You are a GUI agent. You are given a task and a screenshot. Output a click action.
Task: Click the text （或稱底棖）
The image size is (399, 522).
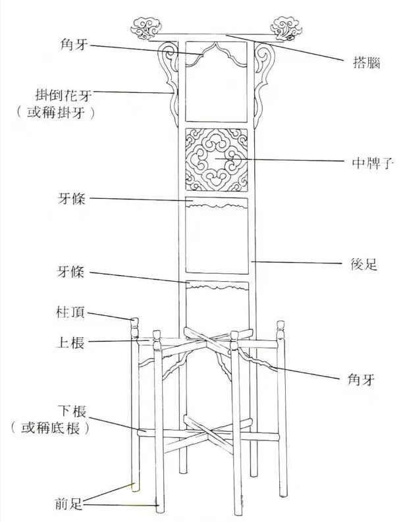point(51,429)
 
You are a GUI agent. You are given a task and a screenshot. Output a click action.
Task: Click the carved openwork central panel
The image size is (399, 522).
point(217,159)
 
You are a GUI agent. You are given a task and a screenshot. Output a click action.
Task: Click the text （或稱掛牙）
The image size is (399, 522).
point(55,112)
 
